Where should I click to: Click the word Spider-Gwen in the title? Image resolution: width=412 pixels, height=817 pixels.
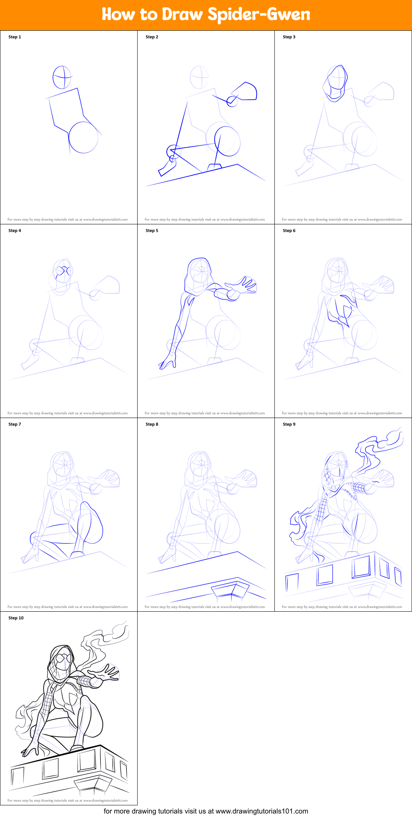(x=259, y=15)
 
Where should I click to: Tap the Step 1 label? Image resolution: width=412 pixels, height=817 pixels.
(x=15, y=37)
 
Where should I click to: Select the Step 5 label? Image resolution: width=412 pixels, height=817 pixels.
(x=152, y=231)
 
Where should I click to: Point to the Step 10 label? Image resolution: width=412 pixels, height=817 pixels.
(x=16, y=618)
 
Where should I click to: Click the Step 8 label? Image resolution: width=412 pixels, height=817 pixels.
(x=152, y=424)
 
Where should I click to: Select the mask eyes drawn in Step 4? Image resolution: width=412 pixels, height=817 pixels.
(x=63, y=271)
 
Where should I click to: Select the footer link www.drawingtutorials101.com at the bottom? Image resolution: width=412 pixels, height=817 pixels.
(x=262, y=811)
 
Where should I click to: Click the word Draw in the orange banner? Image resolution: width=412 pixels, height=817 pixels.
(x=182, y=14)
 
